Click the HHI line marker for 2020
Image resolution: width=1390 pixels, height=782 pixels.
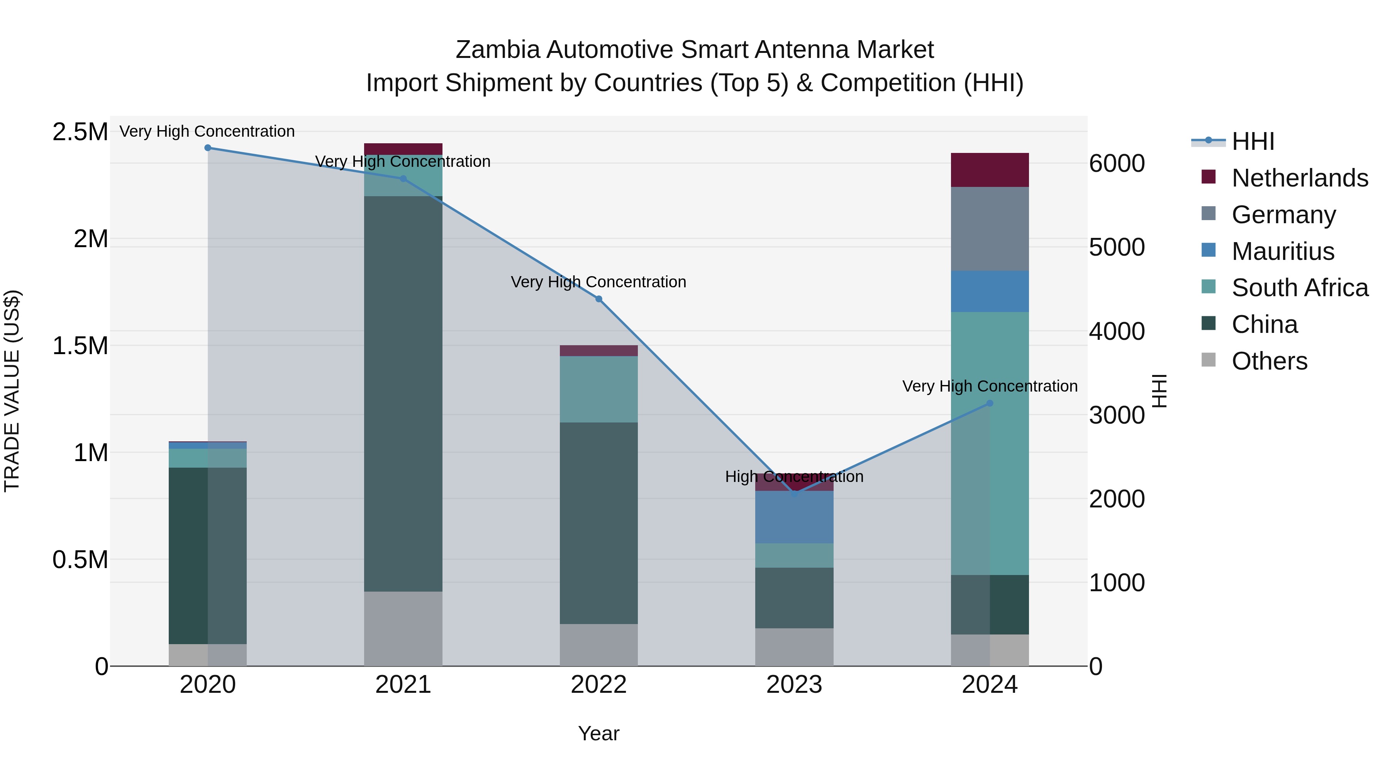(208, 148)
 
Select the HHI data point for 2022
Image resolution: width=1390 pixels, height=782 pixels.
(598, 299)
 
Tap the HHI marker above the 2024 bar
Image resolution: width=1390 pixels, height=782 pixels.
(990, 403)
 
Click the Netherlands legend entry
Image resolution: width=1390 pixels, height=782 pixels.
(1299, 178)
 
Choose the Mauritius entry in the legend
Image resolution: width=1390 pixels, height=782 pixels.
(1283, 251)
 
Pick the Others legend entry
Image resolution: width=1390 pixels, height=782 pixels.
(1269, 361)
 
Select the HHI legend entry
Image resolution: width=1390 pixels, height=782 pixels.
(1253, 141)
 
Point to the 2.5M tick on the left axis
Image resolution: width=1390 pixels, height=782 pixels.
(80, 132)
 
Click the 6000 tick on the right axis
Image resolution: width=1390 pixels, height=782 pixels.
(1116, 163)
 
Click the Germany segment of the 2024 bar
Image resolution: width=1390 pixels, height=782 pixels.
(990, 229)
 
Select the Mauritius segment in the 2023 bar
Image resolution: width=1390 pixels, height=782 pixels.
(794, 517)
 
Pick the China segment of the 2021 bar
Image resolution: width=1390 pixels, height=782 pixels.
(403, 394)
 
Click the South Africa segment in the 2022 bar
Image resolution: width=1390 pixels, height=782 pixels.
(598, 389)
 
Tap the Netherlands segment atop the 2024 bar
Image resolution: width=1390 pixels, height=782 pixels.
(990, 170)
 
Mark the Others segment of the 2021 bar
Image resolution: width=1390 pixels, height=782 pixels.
(403, 629)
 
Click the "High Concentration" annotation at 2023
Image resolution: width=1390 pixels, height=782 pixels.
(794, 477)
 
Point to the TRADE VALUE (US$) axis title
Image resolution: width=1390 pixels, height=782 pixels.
(12, 391)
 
